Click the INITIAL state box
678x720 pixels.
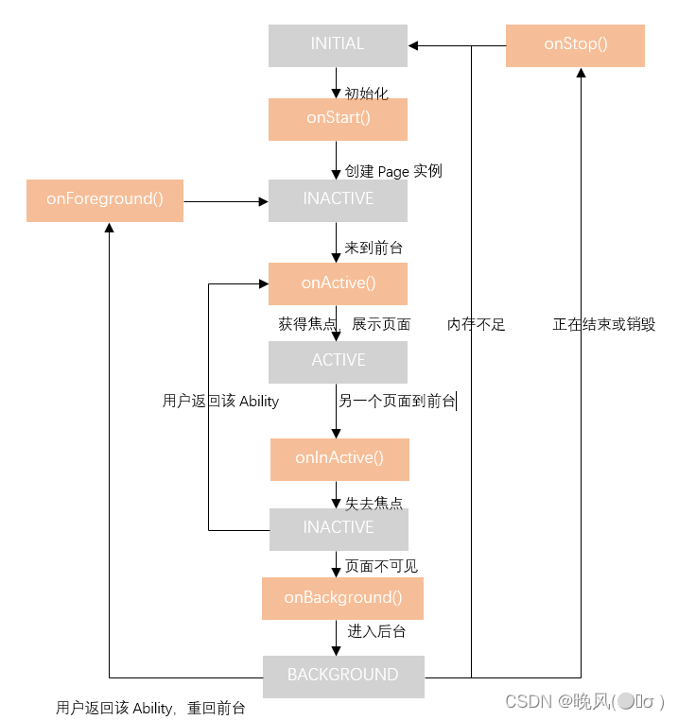click(338, 44)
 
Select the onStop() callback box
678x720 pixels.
click(575, 44)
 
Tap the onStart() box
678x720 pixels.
click(338, 118)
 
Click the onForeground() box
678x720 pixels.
click(105, 199)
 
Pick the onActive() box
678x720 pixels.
click(338, 283)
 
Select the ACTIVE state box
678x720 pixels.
click(338, 361)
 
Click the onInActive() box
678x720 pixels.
click(339, 458)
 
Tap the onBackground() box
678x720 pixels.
click(342, 598)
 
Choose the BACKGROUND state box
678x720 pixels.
click(342, 676)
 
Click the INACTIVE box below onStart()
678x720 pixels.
click(338, 199)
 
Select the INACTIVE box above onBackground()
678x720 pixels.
click(339, 528)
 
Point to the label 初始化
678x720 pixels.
click(366, 93)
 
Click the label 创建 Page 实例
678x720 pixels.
click(393, 171)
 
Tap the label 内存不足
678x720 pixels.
click(476, 324)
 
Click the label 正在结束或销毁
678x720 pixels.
click(603, 324)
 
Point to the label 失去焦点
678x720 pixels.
click(380, 503)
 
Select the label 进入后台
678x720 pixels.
click(376, 631)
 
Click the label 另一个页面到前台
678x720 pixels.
click(396, 401)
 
